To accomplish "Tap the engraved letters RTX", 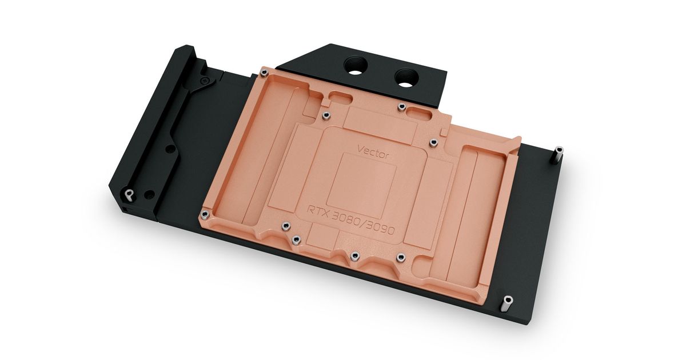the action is click(x=318, y=211).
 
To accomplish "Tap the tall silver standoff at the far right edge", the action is click(x=559, y=155).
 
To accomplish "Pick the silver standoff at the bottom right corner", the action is click(x=507, y=303).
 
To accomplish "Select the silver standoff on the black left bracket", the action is click(x=129, y=195).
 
